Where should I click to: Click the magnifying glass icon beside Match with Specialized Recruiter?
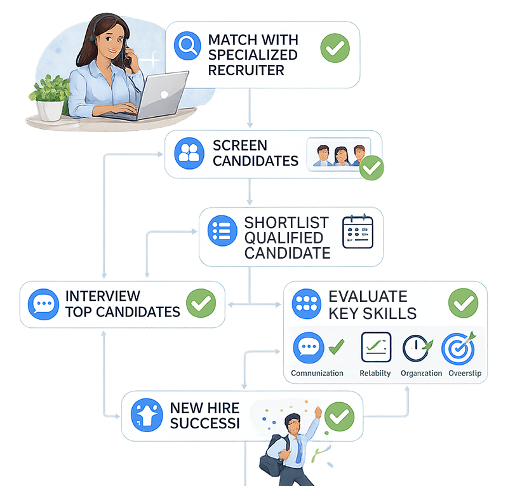pos(187,48)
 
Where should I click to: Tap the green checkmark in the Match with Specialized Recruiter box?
pos(335,48)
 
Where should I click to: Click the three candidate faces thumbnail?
pos(337,154)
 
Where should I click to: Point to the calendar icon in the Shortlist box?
pos(358,231)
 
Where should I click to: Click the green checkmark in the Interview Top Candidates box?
pos(200,304)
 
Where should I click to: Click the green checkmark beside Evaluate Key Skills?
pos(464,303)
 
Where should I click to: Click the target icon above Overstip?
pos(458,348)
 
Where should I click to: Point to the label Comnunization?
pos(317,373)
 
